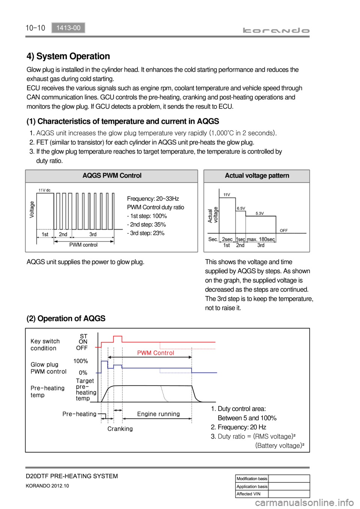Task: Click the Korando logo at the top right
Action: pyautogui.click(x=276, y=30)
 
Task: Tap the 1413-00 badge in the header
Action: pyautogui.click(x=68, y=28)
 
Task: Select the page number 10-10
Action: pyautogui.click(x=35, y=28)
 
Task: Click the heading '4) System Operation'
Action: pyautogui.click(x=68, y=56)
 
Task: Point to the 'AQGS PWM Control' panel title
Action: pyautogui.click(x=112, y=175)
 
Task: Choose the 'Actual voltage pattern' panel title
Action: pyautogui.click(x=257, y=175)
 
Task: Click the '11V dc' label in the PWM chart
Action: pyautogui.click(x=44, y=190)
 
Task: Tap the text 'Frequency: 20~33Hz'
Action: pyautogui.click(x=153, y=199)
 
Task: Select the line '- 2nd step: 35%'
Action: pyautogui.click(x=146, y=225)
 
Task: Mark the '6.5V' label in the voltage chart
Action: pyautogui.click(x=241, y=208)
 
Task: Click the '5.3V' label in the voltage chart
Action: pyautogui.click(x=260, y=213)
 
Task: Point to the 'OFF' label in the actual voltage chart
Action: pyautogui.click(x=284, y=231)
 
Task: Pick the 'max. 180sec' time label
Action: pyautogui.click(x=261, y=239)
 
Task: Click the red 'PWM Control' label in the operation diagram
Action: pyautogui.click(x=156, y=353)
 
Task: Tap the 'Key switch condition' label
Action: pyautogui.click(x=45, y=345)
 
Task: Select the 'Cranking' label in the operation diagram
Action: pyautogui.click(x=120, y=429)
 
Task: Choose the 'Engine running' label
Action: pyautogui.click(x=158, y=414)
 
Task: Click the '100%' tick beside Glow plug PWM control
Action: pyautogui.click(x=81, y=361)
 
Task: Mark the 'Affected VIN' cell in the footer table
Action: pyautogui.click(x=248, y=494)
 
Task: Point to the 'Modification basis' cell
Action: pyautogui.click(x=252, y=479)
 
